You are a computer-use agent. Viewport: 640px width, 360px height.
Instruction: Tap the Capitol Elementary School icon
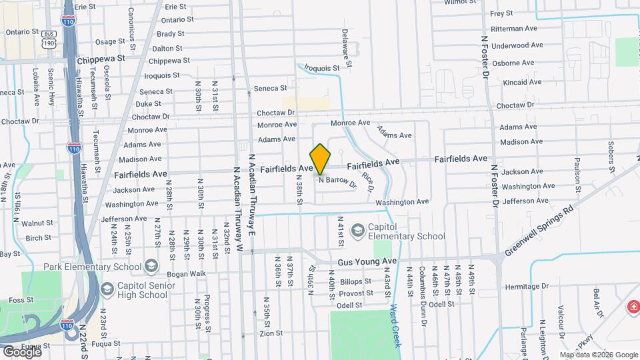357,230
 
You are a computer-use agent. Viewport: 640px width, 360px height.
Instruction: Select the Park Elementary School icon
151,267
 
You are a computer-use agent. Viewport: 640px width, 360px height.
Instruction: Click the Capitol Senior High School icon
107,290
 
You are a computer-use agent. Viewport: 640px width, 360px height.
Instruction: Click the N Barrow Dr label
337,181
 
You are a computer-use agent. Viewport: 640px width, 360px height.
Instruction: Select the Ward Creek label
395,325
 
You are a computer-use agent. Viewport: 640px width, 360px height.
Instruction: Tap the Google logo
21,351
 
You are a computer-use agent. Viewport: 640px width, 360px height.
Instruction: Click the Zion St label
271,333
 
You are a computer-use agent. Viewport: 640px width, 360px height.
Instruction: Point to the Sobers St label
611,157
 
